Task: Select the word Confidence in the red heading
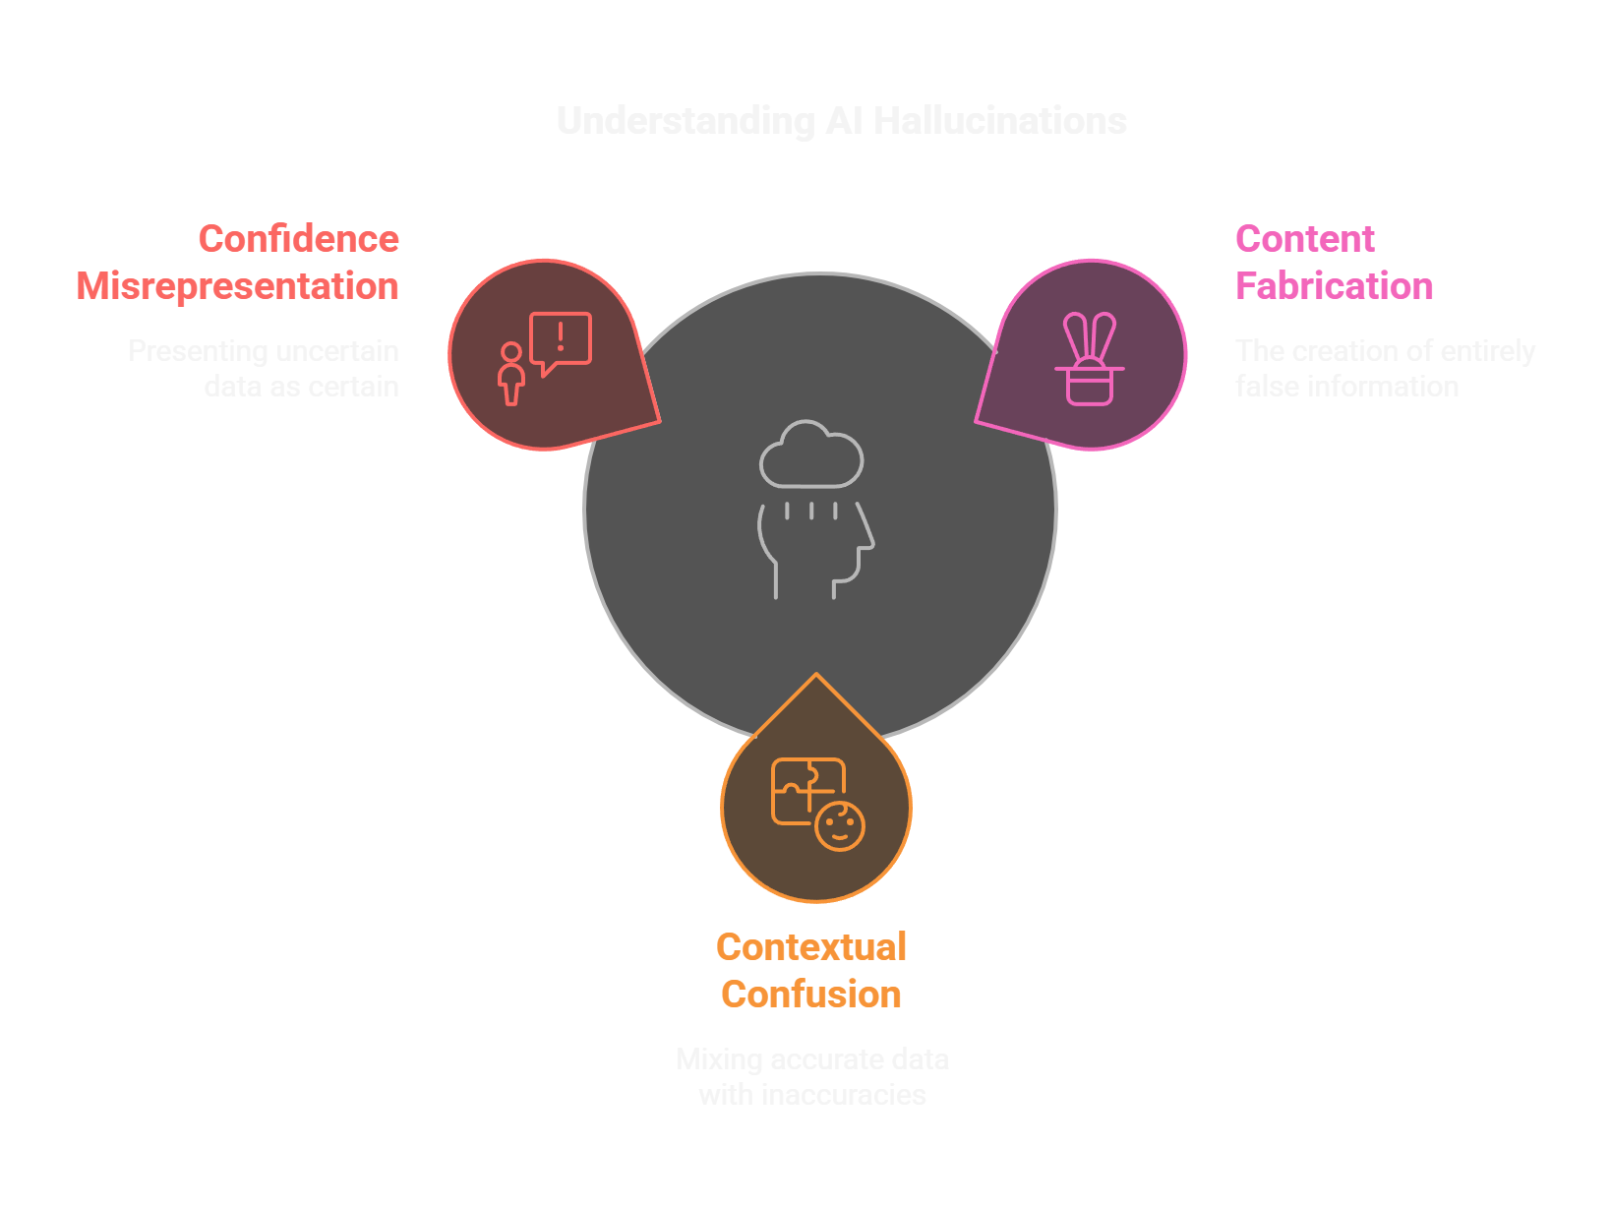(x=299, y=239)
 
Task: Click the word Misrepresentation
(x=238, y=286)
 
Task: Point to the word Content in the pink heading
(x=1304, y=239)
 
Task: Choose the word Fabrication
(x=1334, y=286)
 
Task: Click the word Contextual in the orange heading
(x=811, y=947)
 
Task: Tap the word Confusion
(x=811, y=995)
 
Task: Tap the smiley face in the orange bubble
(x=840, y=826)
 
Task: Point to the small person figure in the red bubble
(x=510, y=374)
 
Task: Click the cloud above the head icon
(x=811, y=455)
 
